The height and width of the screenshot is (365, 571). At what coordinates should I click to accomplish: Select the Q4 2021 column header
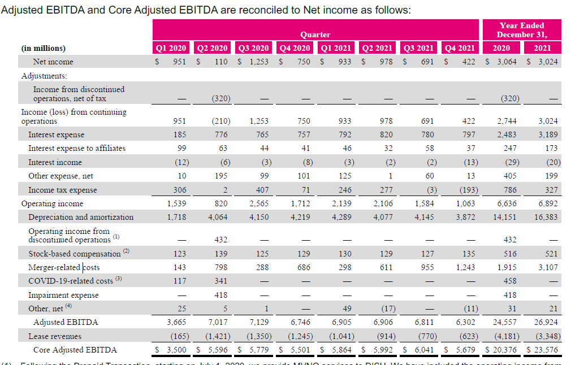click(459, 48)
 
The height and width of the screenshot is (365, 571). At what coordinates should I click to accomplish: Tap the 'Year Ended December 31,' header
click(521, 30)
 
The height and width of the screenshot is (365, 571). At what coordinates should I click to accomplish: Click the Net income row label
click(53, 62)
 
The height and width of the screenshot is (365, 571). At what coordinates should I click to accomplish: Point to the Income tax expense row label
click(62, 190)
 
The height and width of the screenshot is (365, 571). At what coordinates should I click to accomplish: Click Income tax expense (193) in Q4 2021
click(467, 190)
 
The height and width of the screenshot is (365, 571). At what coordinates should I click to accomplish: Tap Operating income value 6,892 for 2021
click(547, 203)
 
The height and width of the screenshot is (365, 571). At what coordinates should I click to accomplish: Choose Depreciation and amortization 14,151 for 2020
click(506, 217)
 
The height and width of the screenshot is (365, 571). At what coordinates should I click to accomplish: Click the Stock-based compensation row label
click(75, 254)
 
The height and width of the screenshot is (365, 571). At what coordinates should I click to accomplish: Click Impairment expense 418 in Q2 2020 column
click(220, 295)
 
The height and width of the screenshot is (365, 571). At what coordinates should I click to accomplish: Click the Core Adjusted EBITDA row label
click(75, 350)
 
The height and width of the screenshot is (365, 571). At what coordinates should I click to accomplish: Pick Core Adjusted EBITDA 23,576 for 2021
click(544, 350)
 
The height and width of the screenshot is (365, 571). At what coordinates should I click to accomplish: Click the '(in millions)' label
click(43, 48)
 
